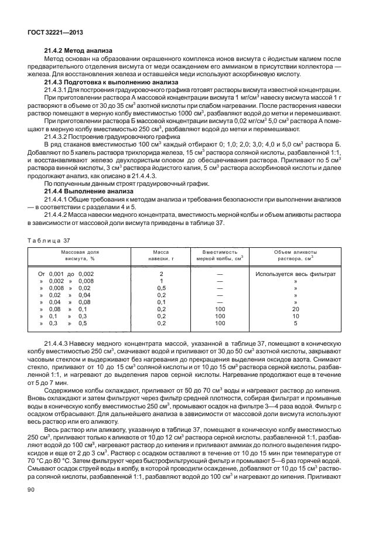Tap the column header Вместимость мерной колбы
(x=220, y=254)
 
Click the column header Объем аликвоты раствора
(x=295, y=254)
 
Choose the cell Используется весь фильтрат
(x=295, y=274)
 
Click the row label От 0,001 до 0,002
(x=66, y=274)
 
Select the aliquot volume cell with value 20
(x=295, y=309)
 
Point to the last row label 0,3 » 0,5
(x=66, y=323)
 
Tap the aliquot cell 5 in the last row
(x=295, y=323)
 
